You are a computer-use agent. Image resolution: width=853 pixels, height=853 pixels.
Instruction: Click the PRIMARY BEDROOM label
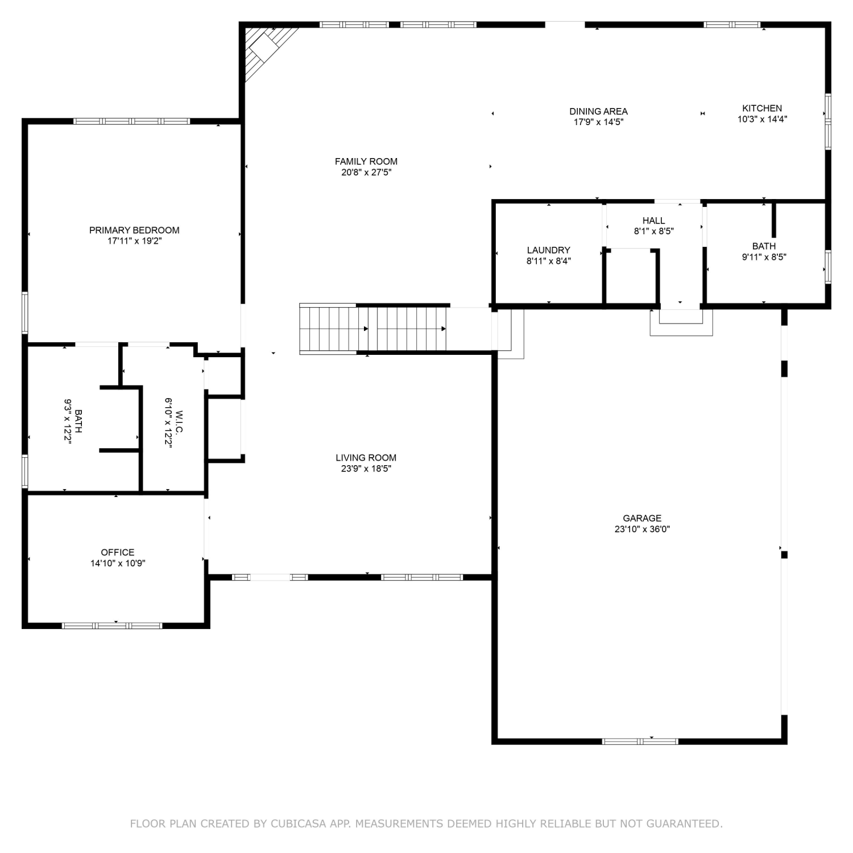[x=134, y=230]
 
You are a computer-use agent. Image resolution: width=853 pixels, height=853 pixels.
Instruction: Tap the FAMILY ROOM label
[x=366, y=162]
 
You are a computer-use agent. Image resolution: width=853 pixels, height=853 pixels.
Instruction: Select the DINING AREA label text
[x=599, y=111]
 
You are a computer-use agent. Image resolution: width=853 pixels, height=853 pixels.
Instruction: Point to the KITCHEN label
[x=762, y=108]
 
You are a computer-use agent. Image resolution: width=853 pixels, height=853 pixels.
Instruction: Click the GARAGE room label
[x=642, y=518]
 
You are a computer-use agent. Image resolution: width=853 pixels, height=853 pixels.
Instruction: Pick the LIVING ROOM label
[x=366, y=458]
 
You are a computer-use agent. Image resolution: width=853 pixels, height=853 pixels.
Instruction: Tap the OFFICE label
[x=118, y=552]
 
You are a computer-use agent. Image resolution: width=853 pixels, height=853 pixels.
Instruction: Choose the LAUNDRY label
[x=548, y=250]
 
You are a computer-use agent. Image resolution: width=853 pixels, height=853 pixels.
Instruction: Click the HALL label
[x=654, y=221]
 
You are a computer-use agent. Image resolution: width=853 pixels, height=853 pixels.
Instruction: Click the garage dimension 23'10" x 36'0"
[x=642, y=529]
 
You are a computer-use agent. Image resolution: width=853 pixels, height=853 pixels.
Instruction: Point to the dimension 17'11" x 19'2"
[x=134, y=241]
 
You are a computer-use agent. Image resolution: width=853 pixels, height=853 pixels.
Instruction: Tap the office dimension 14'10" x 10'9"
[x=118, y=564]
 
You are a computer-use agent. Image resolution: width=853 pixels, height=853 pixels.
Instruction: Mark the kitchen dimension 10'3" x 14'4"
[x=762, y=119]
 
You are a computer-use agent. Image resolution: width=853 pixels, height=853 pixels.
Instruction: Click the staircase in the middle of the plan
[x=373, y=329]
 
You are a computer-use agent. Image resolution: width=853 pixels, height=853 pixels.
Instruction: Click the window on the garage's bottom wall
[x=640, y=741]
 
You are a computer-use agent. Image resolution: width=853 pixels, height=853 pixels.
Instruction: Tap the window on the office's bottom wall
[x=112, y=626]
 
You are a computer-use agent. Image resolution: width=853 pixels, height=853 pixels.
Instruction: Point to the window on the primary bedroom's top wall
[x=131, y=121]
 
